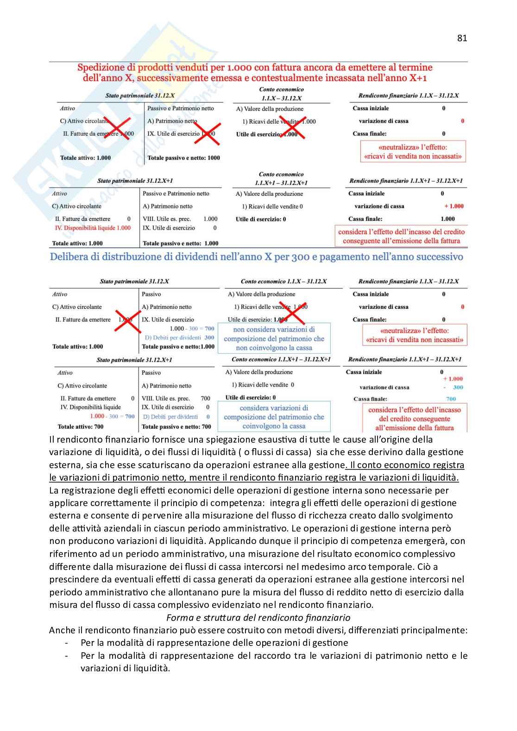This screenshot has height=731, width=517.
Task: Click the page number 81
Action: coord(462,38)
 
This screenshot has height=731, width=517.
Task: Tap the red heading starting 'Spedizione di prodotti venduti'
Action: coord(255,73)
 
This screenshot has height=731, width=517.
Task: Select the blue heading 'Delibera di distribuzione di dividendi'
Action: coord(256,257)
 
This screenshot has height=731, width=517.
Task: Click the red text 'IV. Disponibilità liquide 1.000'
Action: coord(93,228)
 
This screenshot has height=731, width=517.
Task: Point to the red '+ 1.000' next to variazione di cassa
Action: coord(454,206)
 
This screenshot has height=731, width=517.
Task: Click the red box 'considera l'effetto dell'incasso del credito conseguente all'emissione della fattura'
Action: coord(401,236)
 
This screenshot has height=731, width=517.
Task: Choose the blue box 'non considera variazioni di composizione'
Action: coord(274,338)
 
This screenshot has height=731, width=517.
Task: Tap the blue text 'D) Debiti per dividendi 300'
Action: coord(179,337)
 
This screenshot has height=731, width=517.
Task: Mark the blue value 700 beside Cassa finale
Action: coord(451,399)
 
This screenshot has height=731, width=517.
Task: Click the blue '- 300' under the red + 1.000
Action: coord(454,387)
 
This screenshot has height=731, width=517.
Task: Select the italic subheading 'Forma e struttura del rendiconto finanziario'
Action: coord(258,618)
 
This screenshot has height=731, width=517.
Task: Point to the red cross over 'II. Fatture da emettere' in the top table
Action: coord(117,128)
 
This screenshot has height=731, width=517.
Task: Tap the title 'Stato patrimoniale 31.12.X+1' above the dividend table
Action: coord(134,360)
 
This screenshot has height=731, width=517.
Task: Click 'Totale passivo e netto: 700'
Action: coord(176,427)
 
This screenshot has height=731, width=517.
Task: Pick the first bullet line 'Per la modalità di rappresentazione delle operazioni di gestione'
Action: coord(214,643)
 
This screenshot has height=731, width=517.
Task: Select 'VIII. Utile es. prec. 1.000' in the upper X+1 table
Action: coord(180,219)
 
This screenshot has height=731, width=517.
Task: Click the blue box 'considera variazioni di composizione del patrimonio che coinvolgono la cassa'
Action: coord(274,417)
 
